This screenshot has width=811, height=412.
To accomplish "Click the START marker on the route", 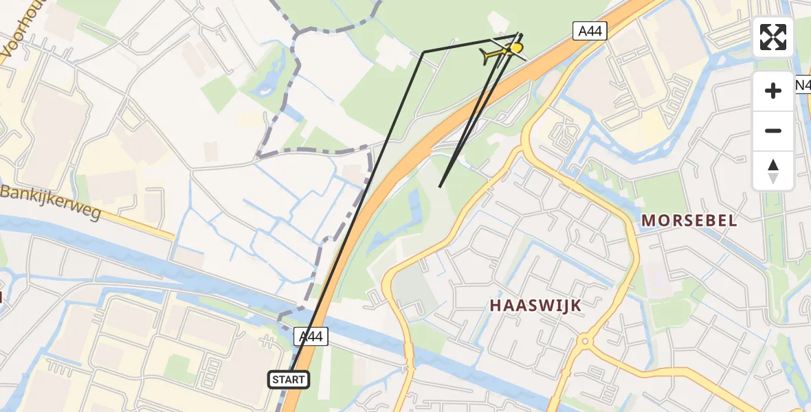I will tap(289, 379).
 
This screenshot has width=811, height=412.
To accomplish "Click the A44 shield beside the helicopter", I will tap(590, 30).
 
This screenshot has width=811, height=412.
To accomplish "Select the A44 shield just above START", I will tap(311, 336).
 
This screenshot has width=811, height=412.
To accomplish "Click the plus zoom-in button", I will tap(773, 91).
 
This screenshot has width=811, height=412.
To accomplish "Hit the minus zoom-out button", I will tap(773, 130).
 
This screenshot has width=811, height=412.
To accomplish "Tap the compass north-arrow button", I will tap(773, 170).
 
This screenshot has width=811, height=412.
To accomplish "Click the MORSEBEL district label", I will tap(689, 220).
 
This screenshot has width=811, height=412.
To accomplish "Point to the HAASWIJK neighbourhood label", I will tap(536, 306).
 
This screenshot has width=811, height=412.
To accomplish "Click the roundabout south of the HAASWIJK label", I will tap(585, 340).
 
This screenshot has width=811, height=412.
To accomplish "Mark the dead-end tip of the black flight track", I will tap(440, 186).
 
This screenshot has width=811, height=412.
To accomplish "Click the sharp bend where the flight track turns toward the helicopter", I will tap(424, 51).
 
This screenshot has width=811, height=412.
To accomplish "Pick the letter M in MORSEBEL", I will tap(648, 220).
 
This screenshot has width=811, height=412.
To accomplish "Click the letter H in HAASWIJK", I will tap(495, 306).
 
